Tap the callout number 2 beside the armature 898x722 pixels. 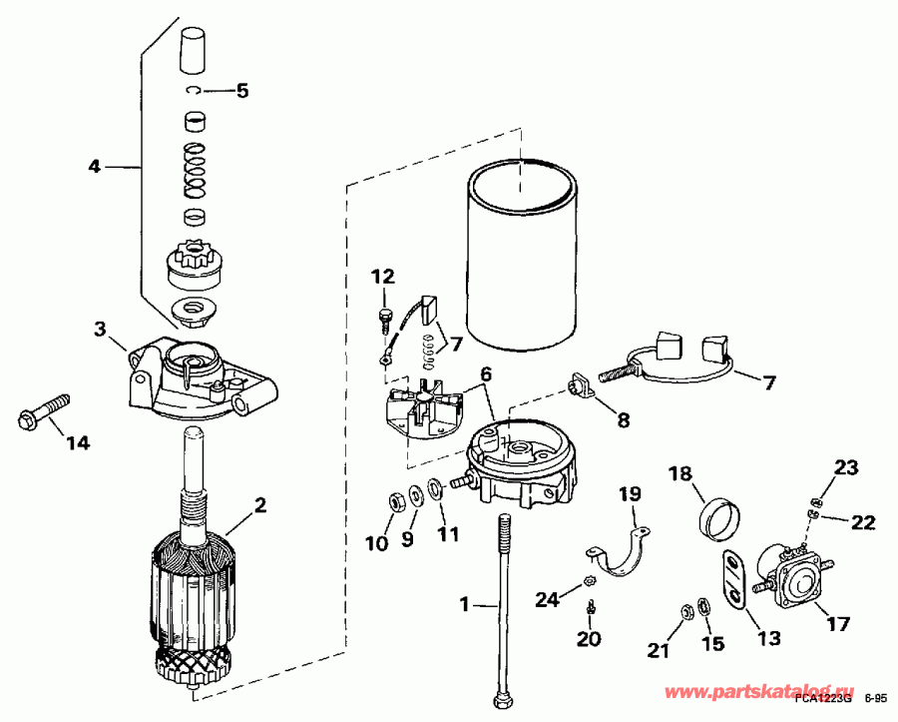(x=259, y=505)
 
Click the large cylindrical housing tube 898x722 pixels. (x=523, y=260)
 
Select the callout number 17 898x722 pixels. (x=838, y=624)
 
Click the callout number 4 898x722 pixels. (x=94, y=167)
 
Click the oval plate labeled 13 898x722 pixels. (x=733, y=578)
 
